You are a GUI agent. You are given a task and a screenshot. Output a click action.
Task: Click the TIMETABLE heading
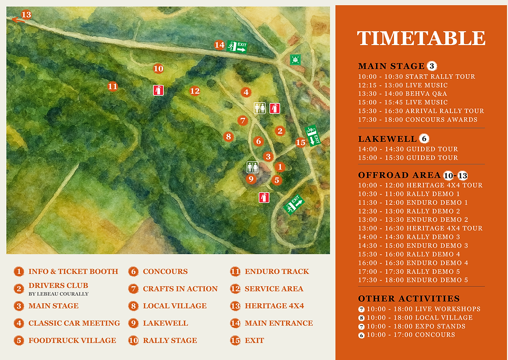click(x=421, y=38)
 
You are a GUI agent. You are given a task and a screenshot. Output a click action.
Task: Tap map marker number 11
click(x=112, y=87)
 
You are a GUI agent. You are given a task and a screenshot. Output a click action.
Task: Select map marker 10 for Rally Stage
click(x=159, y=68)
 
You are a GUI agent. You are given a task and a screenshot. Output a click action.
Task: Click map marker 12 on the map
click(x=194, y=91)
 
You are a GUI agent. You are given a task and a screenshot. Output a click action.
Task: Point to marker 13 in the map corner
click(x=26, y=15)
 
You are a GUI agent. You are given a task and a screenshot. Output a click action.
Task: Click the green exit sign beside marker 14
click(x=237, y=46)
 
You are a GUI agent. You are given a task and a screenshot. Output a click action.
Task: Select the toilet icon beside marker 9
click(x=252, y=167)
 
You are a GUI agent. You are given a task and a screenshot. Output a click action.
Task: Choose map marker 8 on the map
click(x=228, y=137)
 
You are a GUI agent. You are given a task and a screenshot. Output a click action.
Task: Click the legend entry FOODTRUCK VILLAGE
click(x=72, y=340)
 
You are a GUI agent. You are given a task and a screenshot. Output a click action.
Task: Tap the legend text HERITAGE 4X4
click(x=274, y=306)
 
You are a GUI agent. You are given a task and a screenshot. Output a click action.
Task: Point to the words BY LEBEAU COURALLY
click(x=59, y=294)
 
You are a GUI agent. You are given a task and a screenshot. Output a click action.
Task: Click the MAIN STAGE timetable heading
click(x=391, y=66)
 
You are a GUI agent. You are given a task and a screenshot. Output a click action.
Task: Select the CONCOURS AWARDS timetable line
click(x=417, y=119)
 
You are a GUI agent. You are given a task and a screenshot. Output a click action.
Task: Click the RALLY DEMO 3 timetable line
click(x=409, y=237)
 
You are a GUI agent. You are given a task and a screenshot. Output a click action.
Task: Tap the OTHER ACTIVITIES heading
click(x=409, y=298)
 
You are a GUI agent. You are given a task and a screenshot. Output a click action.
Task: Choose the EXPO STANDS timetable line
click(x=416, y=326)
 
